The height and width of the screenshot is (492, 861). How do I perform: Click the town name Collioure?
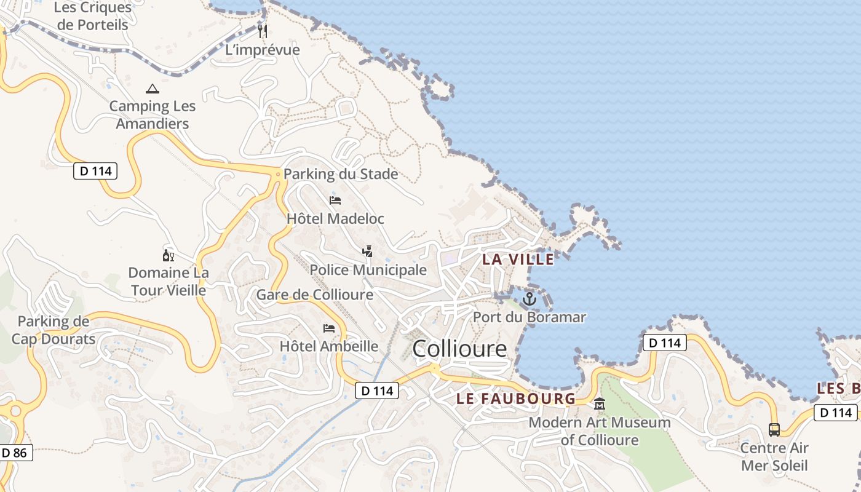pos(459,349)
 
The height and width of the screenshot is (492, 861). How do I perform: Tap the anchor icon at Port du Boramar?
pos(529,300)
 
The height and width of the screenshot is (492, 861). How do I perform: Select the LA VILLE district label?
pos(518,260)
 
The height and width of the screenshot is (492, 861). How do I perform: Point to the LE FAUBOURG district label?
pos(516,399)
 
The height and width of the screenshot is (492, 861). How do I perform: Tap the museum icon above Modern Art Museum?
pos(599,404)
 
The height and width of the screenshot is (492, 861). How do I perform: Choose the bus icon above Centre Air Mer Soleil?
pos(774,429)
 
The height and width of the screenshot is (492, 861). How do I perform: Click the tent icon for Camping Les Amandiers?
pos(153,89)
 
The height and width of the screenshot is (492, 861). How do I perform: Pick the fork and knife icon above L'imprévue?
pos(263,31)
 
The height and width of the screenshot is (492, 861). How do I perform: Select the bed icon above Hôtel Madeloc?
pos(335,200)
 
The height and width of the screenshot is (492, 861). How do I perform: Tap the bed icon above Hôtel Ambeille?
pos(329,328)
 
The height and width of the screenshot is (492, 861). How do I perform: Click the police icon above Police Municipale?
pos(367,251)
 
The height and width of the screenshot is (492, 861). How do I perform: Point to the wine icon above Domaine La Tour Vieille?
pos(168,255)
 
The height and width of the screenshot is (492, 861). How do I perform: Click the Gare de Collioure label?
pos(314,295)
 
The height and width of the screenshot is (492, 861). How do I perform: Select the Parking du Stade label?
pos(341,174)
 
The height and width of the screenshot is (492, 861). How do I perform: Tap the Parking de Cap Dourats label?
pos(54,330)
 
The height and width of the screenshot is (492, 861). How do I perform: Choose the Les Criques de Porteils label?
pos(93,17)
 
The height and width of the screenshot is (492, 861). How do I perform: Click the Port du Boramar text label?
pos(529,317)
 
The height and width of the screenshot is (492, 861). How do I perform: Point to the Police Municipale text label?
pos(368,270)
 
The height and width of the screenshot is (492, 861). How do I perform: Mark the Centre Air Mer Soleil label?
pos(774,456)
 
